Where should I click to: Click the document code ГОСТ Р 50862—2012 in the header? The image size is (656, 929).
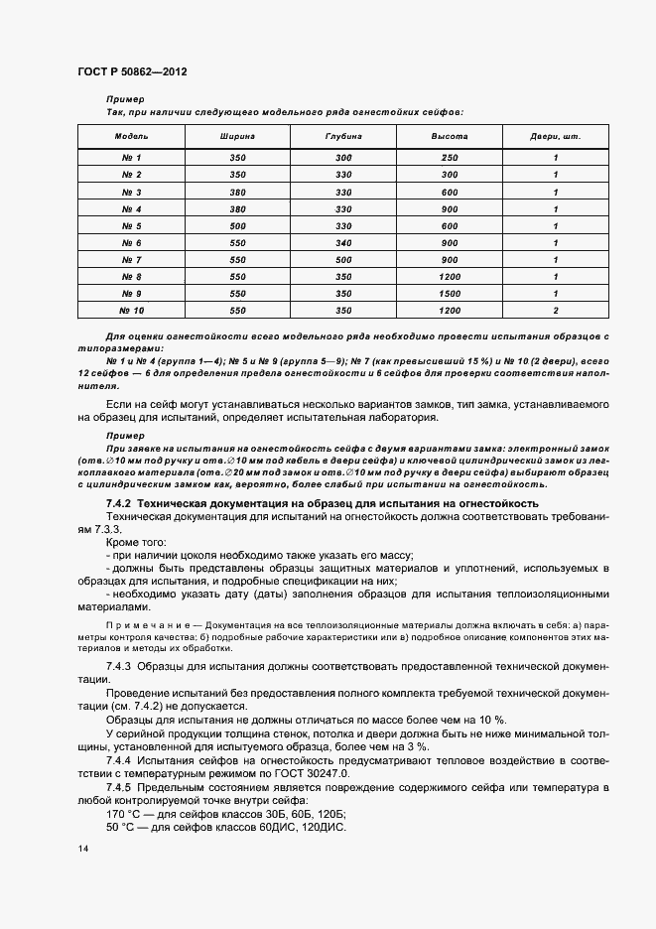point(132,73)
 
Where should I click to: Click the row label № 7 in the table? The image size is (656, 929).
point(131,259)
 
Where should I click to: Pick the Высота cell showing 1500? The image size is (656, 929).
point(449,293)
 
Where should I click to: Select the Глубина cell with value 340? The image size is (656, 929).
point(343,242)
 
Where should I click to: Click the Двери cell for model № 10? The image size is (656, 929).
point(555,310)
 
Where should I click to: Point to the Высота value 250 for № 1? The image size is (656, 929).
point(449,158)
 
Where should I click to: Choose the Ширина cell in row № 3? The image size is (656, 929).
point(237,192)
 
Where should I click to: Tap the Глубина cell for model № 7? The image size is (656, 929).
point(343,259)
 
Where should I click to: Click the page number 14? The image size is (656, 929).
point(83,851)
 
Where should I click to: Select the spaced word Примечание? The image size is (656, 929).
point(140,625)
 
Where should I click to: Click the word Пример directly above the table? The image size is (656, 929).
point(125,99)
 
